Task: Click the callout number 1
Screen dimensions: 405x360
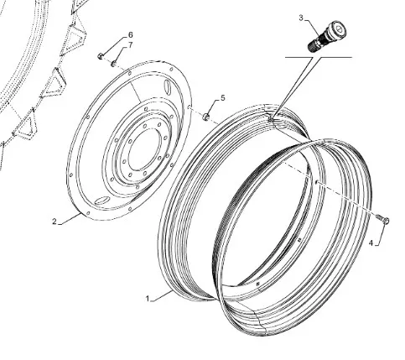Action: (148, 299)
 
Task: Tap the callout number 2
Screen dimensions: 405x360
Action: (55, 222)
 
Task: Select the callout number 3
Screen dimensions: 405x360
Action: (301, 18)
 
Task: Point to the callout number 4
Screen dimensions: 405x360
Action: (371, 243)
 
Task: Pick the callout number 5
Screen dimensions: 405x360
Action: (222, 98)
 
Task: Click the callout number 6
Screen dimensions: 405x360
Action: (130, 35)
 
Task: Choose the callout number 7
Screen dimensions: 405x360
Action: (130, 45)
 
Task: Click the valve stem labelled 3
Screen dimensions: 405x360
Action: (327, 36)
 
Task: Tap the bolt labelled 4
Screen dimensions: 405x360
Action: (382, 219)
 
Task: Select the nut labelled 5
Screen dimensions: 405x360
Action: (206, 117)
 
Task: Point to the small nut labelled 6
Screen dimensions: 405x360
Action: (101, 56)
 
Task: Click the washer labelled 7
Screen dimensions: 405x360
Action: (113, 64)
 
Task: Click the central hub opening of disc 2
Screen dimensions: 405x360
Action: (145, 149)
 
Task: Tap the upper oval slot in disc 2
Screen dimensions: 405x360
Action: (167, 86)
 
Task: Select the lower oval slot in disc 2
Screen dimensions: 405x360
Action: (101, 201)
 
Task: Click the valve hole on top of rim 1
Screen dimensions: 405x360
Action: (271, 120)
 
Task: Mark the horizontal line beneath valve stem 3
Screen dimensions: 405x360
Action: (319, 57)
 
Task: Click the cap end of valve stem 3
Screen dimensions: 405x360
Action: (338, 29)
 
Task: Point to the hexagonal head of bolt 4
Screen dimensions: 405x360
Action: (386, 221)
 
